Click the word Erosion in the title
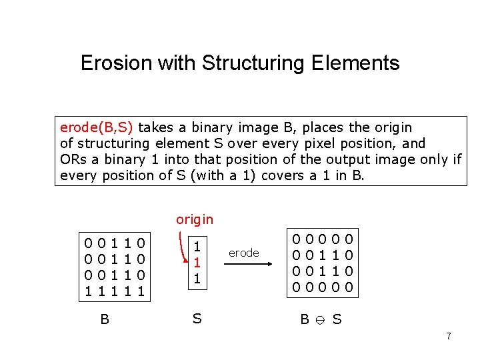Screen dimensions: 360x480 pos(116,63)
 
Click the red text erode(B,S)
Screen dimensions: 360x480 pos(97,127)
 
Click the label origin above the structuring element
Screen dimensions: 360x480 pos(195,219)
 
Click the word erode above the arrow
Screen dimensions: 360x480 pos(243,253)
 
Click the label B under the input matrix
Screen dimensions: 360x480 pos(105,319)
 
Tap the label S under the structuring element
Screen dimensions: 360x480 pos(197,319)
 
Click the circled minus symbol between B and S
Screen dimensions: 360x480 pos(320,320)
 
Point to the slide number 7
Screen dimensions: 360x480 pos(448,336)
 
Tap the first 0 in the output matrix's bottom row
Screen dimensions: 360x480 pos(299,288)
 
